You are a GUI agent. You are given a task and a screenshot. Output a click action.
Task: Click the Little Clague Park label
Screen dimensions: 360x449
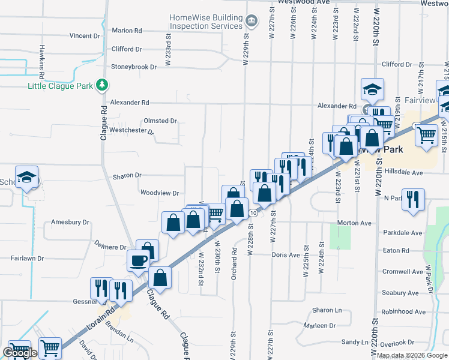pos(60,86)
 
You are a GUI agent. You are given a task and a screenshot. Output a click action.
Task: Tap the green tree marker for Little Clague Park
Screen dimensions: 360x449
pos(103,85)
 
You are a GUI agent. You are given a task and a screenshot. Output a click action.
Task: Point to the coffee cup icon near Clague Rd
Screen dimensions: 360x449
pos(138,260)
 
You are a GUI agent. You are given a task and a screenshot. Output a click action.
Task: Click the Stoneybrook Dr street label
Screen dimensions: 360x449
pos(133,67)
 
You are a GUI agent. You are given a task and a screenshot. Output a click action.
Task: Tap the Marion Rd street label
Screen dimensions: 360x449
pos(127,31)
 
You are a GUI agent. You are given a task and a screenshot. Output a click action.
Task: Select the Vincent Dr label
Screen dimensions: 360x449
pos(84,36)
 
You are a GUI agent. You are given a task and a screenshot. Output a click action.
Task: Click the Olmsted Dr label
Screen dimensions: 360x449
pos(160,121)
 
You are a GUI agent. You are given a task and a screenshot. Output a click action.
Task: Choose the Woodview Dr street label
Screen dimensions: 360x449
pos(160,193)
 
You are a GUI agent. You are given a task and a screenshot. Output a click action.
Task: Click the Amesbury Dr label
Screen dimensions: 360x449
pos(70,222)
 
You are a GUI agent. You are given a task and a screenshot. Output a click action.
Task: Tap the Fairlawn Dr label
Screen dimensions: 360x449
pos(29,258)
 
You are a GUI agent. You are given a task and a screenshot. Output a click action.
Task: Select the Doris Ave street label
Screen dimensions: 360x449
pos(285,255)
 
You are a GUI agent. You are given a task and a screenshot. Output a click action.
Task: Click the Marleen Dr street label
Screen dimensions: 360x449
pos(319,326)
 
